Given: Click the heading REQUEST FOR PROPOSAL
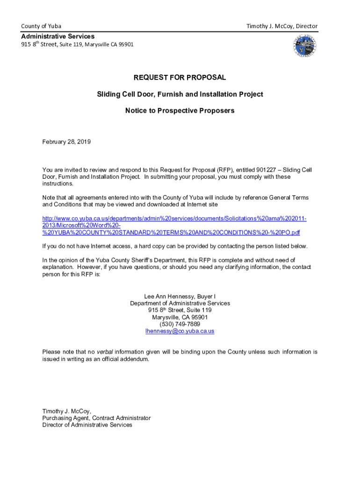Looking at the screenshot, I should tap(180, 77).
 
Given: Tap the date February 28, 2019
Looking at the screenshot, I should tap(66, 141).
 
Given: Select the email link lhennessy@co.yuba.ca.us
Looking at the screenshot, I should tap(180, 331).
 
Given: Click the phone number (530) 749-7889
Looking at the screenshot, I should tap(180, 324).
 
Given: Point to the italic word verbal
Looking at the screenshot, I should tap(105, 352).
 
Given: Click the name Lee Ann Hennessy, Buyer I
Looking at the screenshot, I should tap(180, 296).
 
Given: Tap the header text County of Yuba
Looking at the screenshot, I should tap(41, 26).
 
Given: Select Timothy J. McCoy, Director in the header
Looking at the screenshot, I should tap(282, 26).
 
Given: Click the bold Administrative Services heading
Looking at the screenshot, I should tap(58, 36).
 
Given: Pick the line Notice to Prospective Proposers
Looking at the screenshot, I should tap(180, 111).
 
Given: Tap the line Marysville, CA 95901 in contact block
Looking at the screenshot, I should tap(180, 317).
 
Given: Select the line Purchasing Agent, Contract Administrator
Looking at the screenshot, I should tap(96, 418).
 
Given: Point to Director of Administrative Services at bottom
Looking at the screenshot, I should tap(87, 425).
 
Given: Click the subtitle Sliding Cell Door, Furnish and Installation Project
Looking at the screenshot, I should tap(180, 94).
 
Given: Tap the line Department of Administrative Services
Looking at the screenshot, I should tap(180, 303).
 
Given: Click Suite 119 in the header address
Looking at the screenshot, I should tap(71, 45).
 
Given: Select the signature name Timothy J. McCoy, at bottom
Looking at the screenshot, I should tap(66, 411).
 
